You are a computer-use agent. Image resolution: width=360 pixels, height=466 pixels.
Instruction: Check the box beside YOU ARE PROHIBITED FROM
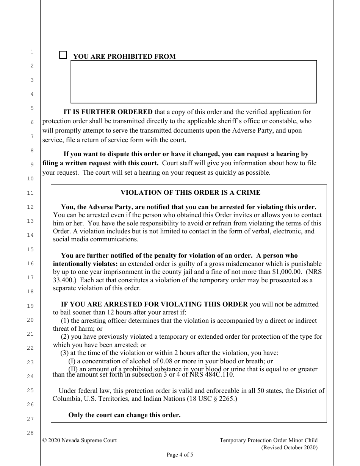63,55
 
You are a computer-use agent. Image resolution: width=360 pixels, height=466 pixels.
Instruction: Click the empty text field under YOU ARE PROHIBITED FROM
193,81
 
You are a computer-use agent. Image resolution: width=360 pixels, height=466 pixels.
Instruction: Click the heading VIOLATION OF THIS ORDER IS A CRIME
190,192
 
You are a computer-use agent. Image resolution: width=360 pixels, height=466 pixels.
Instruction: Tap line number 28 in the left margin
32,433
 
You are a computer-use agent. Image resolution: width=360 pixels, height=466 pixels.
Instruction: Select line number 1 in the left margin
32,52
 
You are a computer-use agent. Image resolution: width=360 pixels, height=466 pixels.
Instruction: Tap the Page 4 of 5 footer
180,455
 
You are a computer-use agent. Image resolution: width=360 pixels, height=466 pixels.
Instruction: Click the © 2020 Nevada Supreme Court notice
80,440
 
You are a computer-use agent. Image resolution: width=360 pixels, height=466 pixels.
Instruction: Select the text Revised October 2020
290,447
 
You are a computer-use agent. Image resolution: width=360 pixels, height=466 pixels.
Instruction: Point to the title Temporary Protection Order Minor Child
268,440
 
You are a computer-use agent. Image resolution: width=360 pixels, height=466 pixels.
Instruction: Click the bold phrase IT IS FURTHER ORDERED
108,112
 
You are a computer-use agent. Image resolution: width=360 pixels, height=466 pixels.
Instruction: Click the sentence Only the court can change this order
124,415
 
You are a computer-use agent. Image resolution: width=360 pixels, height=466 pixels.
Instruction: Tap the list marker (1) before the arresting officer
65,321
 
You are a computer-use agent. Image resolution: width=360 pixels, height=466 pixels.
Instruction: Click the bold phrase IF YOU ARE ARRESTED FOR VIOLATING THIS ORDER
154,304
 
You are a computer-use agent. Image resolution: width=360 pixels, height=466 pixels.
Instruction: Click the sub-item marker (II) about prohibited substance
72,369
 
